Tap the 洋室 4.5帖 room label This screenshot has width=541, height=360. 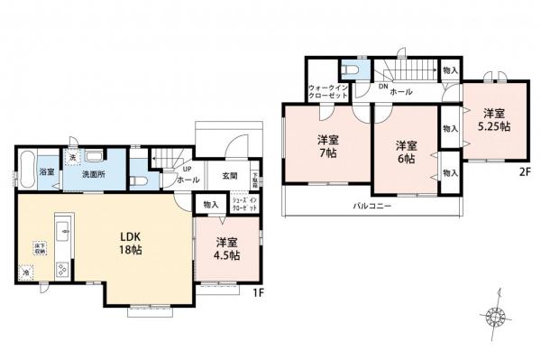pyautogui.click(x=227, y=249)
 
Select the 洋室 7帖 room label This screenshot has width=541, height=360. pyautogui.click(x=327, y=148)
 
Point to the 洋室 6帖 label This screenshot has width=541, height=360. pyautogui.click(x=405, y=152)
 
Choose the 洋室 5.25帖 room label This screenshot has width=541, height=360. pyautogui.click(x=492, y=120)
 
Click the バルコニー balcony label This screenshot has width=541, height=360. pyautogui.click(x=371, y=207)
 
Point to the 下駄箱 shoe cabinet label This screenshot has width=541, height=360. pyautogui.click(x=255, y=177)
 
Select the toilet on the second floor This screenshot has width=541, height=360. pyautogui.click(x=352, y=69)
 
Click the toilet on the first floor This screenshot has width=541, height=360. pyautogui.click(x=137, y=179)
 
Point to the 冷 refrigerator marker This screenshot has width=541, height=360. pyautogui.click(x=26, y=271)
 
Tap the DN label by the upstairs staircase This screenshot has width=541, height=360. pyautogui.click(x=382, y=87)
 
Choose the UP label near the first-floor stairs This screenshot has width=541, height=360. pyautogui.click(x=188, y=169)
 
